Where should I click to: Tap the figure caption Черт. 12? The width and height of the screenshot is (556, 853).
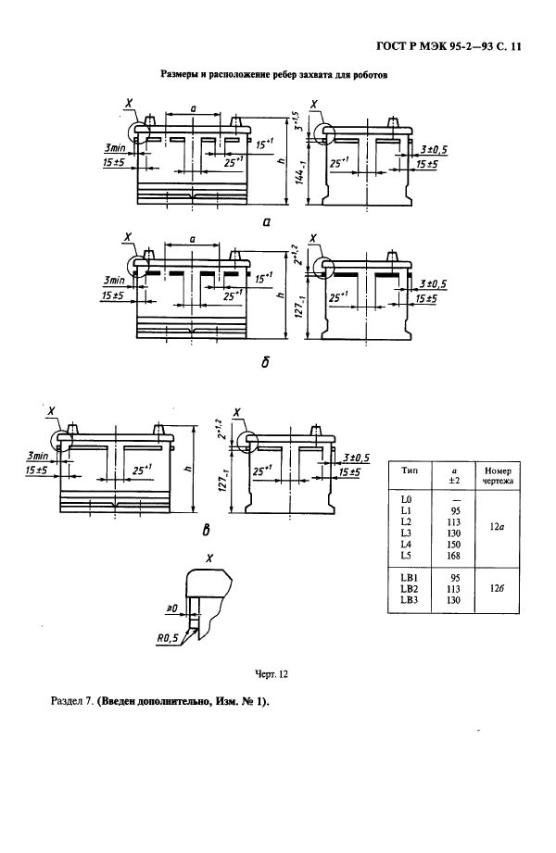point(272,674)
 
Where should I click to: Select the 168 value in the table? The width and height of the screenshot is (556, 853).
point(453,556)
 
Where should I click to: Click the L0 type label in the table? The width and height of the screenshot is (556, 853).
point(406,499)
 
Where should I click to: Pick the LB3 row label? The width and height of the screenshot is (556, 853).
point(409,600)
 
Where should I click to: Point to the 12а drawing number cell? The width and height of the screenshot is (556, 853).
point(496,527)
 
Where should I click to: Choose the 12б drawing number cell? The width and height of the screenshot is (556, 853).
point(496,589)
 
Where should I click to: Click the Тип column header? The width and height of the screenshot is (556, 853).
point(410,470)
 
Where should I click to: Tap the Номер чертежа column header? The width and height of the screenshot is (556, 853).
point(498,475)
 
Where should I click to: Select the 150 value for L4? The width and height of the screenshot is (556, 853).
point(453,544)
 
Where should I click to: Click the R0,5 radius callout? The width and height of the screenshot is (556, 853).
point(167,640)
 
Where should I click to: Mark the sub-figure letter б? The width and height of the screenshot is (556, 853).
point(265,360)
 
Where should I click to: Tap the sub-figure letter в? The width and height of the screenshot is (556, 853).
point(206,529)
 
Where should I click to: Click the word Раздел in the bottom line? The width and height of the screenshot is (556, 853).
point(67,702)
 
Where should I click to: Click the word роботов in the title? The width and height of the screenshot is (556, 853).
point(372,76)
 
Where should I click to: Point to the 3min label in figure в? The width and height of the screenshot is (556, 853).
point(38,456)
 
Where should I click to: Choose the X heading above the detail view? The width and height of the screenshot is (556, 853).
point(209,558)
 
